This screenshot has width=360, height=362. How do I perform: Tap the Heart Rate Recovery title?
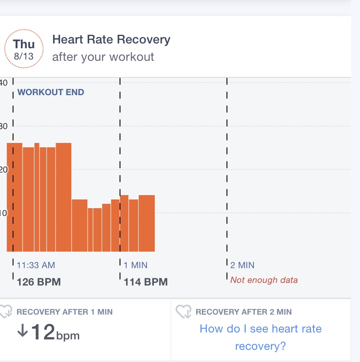[111, 40]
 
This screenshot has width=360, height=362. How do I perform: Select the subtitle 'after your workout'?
[103, 57]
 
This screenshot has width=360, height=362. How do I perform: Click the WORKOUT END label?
[51, 92]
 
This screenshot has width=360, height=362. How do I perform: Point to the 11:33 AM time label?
[36, 265]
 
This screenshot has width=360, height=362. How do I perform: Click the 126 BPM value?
[39, 282]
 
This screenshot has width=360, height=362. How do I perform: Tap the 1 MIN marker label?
[136, 265]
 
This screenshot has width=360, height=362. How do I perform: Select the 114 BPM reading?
[146, 282]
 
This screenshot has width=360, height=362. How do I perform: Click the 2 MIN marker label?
[243, 265]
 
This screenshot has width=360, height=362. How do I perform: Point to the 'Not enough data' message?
[264, 280]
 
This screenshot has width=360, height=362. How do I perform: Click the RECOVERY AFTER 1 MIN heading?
[64, 312]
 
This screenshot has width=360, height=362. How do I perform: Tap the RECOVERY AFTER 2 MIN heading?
[243, 312]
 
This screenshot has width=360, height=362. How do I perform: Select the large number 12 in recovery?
[43, 332]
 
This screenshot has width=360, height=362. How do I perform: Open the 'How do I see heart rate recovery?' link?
[260, 337]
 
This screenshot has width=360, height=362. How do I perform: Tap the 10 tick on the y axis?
[3, 213]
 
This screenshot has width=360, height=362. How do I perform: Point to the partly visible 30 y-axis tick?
[3, 126]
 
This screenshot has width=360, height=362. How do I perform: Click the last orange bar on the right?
[147, 223]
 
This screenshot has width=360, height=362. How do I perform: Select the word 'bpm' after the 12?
[68, 336]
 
